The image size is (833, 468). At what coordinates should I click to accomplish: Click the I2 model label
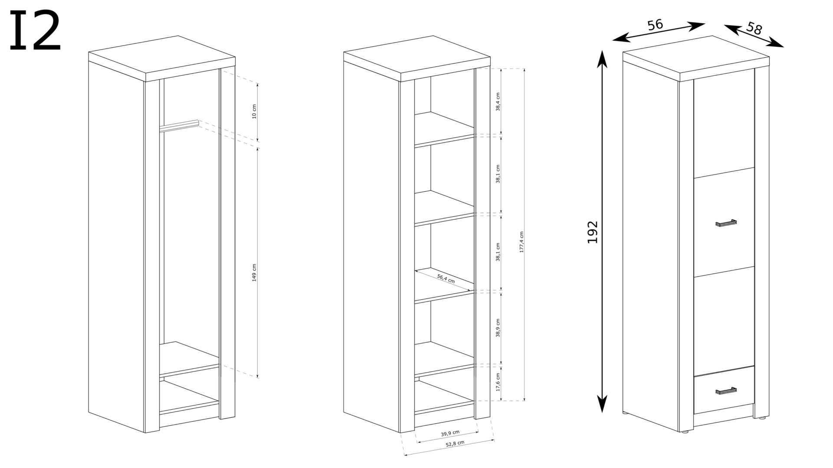[x=35, y=31]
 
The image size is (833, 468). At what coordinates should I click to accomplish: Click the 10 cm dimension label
[x=254, y=111]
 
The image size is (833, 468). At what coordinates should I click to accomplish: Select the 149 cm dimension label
[x=254, y=273]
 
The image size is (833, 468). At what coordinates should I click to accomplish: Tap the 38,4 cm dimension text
[x=498, y=102]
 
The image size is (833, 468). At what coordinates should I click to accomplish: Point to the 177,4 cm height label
[x=522, y=242]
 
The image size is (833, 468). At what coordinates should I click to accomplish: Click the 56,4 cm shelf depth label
[x=446, y=279]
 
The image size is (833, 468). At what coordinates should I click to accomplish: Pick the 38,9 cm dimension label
[x=498, y=328]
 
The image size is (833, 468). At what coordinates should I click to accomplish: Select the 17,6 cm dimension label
[x=498, y=382]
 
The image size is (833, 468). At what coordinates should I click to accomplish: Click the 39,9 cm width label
[x=450, y=433]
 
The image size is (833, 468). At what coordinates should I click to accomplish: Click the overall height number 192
[x=593, y=232]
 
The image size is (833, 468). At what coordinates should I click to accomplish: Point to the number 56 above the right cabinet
[x=655, y=25]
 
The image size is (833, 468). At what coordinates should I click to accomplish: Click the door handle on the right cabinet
[x=726, y=223]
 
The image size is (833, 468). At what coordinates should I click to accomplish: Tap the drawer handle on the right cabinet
[x=726, y=391]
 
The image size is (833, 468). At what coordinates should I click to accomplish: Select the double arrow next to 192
[x=601, y=231]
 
